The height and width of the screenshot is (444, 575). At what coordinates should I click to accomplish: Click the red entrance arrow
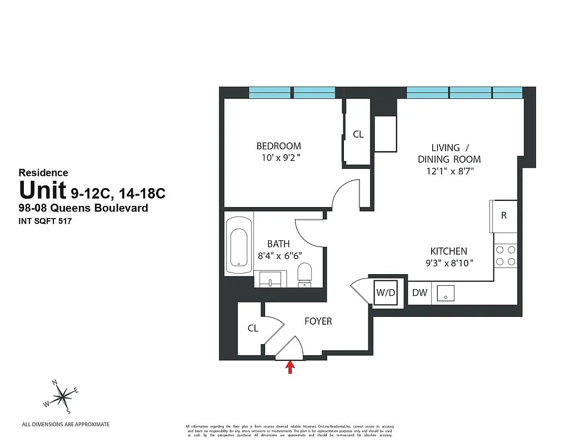(x=289, y=367)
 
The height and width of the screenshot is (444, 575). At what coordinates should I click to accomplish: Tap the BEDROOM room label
(x=278, y=146)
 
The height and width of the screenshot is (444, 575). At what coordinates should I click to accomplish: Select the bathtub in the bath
(x=239, y=245)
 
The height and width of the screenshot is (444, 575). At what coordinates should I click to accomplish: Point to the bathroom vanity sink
(x=270, y=279)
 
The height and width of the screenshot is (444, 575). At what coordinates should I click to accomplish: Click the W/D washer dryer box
(x=385, y=292)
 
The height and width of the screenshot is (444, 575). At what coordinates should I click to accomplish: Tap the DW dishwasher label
(x=419, y=292)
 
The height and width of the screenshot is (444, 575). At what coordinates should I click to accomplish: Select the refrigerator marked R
(x=503, y=215)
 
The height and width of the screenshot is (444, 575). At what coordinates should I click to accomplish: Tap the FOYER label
(x=318, y=321)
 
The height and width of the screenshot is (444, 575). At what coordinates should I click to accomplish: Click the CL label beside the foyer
(x=253, y=328)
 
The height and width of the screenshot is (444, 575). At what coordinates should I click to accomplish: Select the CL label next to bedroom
(x=358, y=134)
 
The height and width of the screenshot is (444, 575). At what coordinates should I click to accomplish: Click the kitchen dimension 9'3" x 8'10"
(x=448, y=263)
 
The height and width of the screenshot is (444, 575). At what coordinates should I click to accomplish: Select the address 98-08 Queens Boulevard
(x=83, y=208)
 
